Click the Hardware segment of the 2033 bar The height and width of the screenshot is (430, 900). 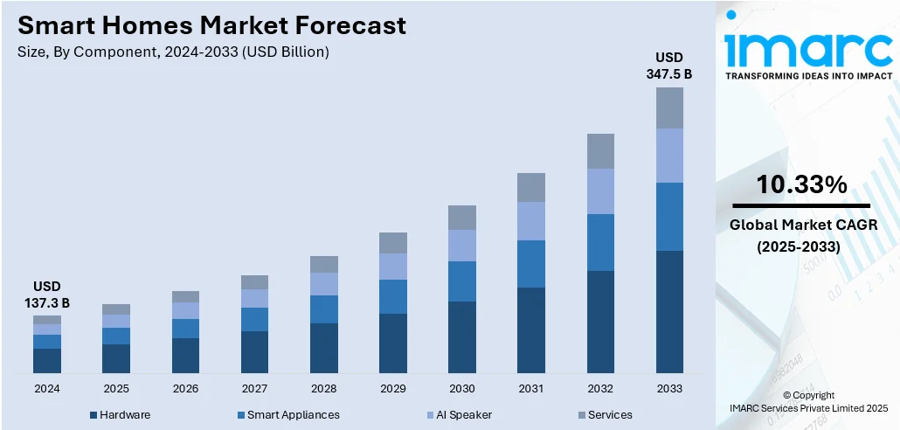pos(669,311)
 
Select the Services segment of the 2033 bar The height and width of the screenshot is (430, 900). pos(669,107)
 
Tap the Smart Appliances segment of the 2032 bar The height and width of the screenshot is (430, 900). pos(600,242)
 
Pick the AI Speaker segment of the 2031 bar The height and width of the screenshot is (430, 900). pos(531,221)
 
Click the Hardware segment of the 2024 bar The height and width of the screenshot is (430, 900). pos(47,360)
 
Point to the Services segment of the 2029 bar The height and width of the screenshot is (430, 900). pos(393,243)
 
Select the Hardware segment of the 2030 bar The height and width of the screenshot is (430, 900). pos(462,337)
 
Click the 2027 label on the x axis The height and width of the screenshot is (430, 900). pos(254,388)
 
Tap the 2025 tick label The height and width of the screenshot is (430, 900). pos(116,388)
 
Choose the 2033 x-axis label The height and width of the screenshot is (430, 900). pos(669,388)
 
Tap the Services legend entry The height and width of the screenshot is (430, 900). pos(610,414)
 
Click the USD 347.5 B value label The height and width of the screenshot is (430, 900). pos(669,66)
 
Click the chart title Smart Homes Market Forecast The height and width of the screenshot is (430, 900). pos(211,26)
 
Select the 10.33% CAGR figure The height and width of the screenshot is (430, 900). pos(801,184)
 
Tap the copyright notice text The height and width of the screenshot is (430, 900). pos(808,401)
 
